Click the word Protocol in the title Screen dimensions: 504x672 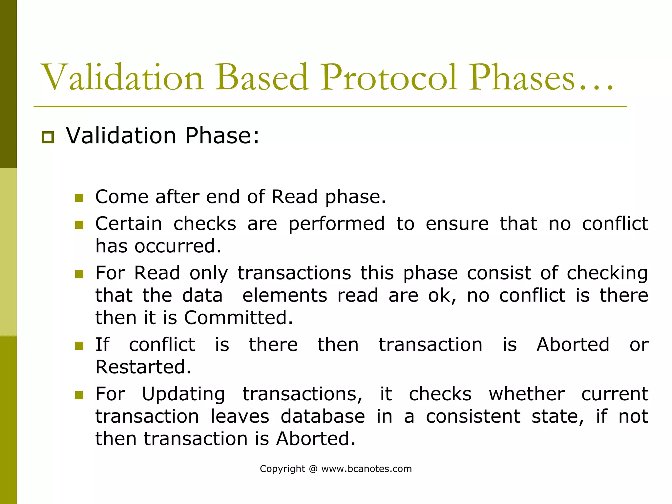389,78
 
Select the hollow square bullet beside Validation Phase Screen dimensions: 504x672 48,137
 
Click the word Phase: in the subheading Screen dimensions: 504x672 222,135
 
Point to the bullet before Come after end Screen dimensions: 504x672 79,198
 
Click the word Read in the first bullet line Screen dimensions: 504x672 294,197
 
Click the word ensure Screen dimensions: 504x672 457,224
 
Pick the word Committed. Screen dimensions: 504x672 238,318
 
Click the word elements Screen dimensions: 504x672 284,295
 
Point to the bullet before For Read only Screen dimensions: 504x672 79,274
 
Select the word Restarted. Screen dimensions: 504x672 143,367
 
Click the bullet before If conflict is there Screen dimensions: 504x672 79,346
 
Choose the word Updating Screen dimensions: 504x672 183,395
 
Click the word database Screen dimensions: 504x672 323,416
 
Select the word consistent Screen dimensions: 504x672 473,416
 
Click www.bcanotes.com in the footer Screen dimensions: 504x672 366,469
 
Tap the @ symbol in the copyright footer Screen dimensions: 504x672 313,469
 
